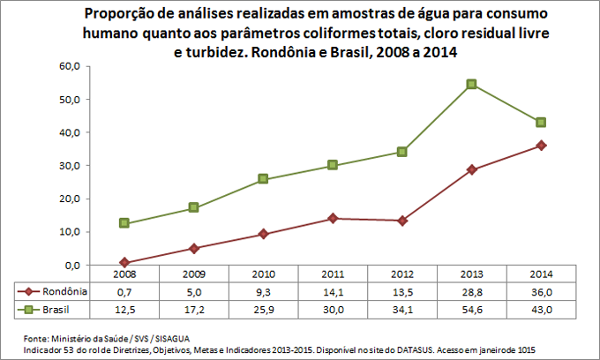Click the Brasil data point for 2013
(x=472, y=84)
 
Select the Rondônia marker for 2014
(x=541, y=146)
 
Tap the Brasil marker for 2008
(x=124, y=223)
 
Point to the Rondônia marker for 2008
(x=124, y=262)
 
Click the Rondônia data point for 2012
(x=402, y=221)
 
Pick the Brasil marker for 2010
(x=263, y=179)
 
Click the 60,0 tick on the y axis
(x=70, y=66)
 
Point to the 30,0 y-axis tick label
(x=70, y=165)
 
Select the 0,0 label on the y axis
(x=72, y=265)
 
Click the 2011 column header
(x=333, y=274)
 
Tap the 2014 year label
(x=541, y=274)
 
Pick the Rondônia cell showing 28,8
(x=471, y=291)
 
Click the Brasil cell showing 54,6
(x=471, y=309)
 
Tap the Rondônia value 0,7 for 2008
(x=124, y=291)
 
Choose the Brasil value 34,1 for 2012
(x=402, y=309)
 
